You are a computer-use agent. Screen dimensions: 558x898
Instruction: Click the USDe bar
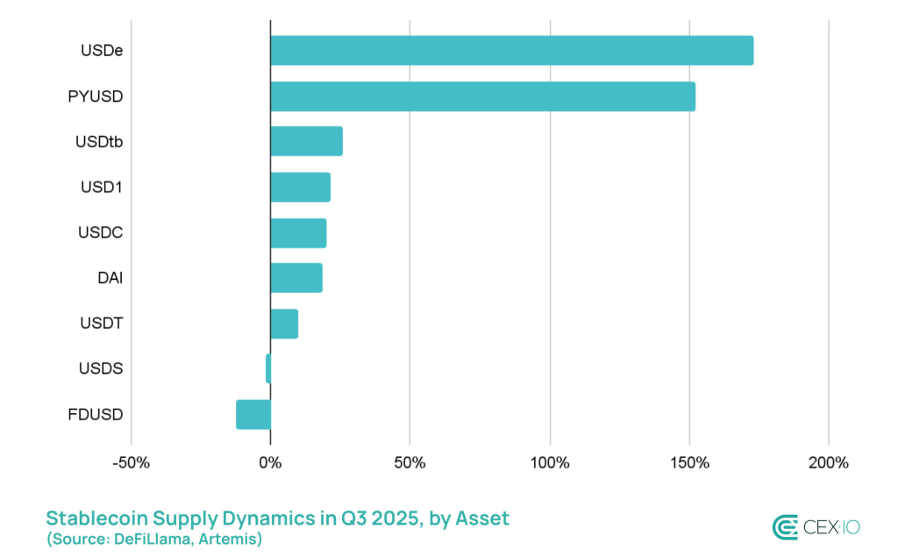pyautogui.click(x=511, y=51)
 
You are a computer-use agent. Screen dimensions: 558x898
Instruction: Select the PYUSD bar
pyautogui.click(x=482, y=97)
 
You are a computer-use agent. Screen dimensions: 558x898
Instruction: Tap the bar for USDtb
pyautogui.click(x=306, y=141)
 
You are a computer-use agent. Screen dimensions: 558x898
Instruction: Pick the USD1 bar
pyautogui.click(x=300, y=187)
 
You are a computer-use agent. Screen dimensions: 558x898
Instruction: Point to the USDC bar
pyautogui.click(x=298, y=233)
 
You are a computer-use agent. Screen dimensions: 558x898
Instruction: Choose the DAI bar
pyautogui.click(x=296, y=278)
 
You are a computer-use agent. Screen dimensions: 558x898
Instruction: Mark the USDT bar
pyautogui.click(x=284, y=324)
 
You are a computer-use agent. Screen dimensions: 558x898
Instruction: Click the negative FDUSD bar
pyautogui.click(x=253, y=414)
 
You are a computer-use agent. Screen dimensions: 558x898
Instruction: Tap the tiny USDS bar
pyautogui.click(x=268, y=368)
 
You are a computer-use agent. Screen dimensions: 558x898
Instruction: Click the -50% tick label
pyautogui.click(x=131, y=462)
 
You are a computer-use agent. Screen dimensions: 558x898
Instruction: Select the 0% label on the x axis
pyautogui.click(x=270, y=462)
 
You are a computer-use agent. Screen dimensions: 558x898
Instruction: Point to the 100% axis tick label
pyautogui.click(x=550, y=462)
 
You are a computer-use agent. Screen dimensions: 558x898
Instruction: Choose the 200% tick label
pyautogui.click(x=829, y=462)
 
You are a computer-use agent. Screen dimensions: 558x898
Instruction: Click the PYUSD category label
pyautogui.click(x=95, y=97)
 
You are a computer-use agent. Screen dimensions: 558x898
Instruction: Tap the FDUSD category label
pyautogui.click(x=95, y=414)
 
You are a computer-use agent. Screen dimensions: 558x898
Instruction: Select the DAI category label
pyautogui.click(x=110, y=278)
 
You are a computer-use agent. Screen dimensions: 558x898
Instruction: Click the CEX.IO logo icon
pyautogui.click(x=785, y=526)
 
